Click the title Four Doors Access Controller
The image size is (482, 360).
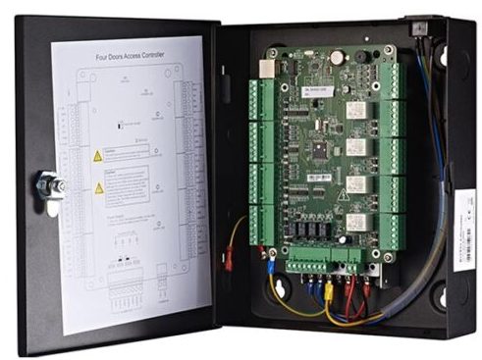point(131,56)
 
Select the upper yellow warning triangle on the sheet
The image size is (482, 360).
point(98,155)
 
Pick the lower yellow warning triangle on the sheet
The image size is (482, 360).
point(98,187)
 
